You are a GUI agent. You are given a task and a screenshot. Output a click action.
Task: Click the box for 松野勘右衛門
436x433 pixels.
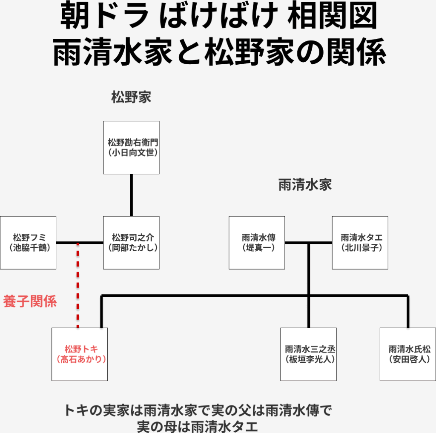[131, 147]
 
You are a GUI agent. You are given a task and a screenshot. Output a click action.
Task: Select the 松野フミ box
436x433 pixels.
[28, 243]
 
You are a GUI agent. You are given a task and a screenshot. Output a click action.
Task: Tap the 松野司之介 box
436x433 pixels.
[131, 243]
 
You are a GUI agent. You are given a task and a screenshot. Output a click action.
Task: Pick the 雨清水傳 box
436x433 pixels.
[257, 243]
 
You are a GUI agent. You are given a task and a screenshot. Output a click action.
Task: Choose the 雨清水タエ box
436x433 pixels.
[360, 243]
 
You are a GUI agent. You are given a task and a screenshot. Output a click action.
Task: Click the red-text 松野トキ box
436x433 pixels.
[80, 354]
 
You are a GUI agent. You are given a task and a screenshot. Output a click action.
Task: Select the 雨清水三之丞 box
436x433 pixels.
[308, 354]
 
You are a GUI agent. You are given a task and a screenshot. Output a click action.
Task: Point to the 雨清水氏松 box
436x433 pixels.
[408, 354]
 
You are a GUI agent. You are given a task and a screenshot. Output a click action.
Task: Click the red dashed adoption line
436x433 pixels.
[77, 285]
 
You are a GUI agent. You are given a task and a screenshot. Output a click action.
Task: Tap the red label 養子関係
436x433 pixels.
[30, 301]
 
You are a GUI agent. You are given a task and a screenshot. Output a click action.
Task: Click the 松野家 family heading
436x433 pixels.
[131, 97]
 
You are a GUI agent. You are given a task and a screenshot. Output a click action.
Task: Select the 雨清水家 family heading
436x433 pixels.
[305, 185]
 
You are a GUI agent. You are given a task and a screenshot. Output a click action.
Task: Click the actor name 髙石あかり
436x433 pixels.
[81, 359]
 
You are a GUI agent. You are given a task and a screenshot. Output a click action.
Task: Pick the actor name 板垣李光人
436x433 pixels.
[309, 359]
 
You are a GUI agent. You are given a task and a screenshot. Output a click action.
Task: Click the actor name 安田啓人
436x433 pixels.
[408, 359]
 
